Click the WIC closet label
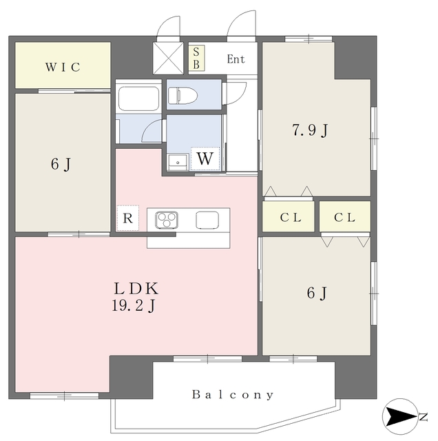(x=63, y=68)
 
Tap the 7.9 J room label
(x=310, y=130)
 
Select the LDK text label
(x=136, y=288)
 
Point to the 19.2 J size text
(x=134, y=305)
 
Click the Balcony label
(x=233, y=395)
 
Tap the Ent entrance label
(x=236, y=59)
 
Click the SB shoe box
(x=196, y=58)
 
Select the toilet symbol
(x=182, y=95)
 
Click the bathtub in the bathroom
(x=138, y=98)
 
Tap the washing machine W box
(x=205, y=158)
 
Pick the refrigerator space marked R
(x=127, y=218)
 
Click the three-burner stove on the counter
(x=167, y=219)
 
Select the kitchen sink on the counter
(x=207, y=220)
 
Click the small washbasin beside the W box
(x=178, y=162)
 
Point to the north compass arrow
(x=400, y=416)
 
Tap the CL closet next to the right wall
(x=345, y=216)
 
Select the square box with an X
(x=168, y=58)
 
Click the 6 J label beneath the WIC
(x=61, y=164)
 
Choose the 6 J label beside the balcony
(x=317, y=294)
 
